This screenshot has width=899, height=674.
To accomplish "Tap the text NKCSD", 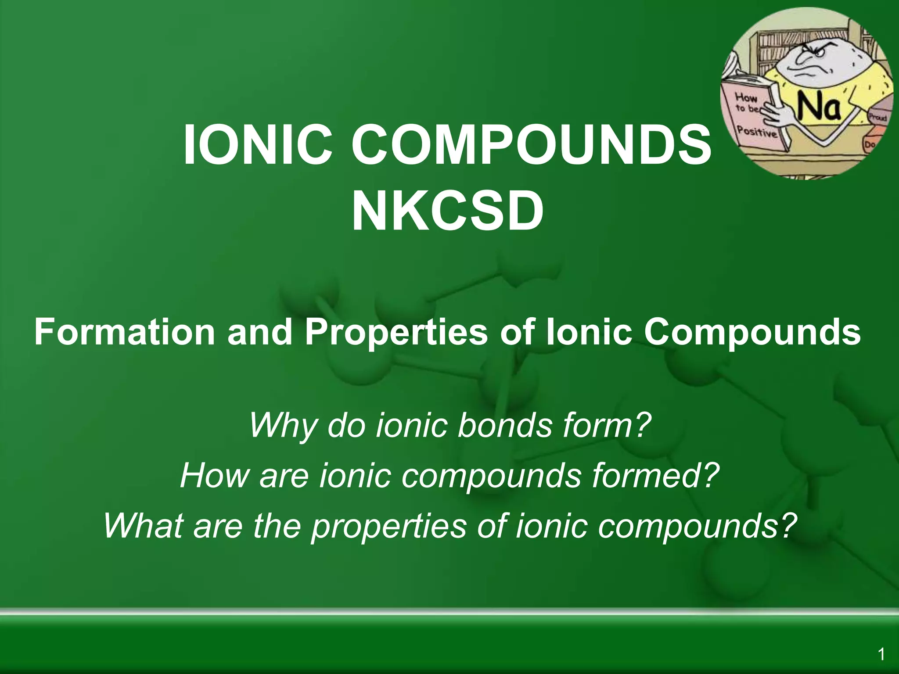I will [x=448, y=212].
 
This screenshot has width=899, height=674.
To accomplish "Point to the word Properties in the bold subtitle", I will [x=396, y=332].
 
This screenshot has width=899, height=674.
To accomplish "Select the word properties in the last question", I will [x=389, y=525].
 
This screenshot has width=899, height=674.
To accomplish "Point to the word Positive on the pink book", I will [x=756, y=131].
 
